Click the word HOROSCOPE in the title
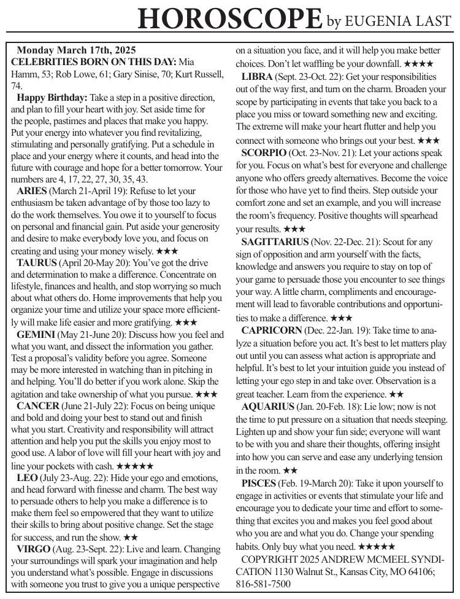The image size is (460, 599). (x=230, y=18)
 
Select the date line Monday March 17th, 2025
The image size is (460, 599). (x=76, y=50)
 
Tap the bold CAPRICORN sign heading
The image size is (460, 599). (x=269, y=330)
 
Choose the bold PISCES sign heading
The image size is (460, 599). (x=258, y=484)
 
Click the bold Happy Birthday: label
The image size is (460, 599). (x=52, y=98)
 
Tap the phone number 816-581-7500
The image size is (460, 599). (x=263, y=584)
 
